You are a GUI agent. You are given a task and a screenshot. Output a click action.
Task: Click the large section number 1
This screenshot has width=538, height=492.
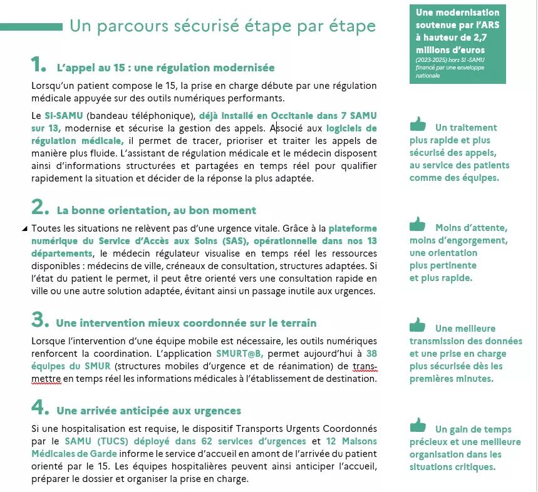click(38, 64)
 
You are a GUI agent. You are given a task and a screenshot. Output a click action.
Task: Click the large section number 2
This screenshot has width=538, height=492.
click(39, 207)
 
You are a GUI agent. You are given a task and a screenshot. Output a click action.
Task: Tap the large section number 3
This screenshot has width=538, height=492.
click(39, 320)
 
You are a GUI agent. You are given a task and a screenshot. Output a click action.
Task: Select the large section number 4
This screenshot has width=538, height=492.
click(39, 407)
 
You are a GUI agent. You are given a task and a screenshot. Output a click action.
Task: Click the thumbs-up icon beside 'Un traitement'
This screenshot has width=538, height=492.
click(418, 124)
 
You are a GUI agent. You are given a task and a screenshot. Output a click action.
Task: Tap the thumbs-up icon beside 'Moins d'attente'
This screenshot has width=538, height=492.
click(418, 224)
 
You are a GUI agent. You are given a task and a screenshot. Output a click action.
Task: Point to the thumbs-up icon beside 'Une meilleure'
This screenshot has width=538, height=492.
click(418, 325)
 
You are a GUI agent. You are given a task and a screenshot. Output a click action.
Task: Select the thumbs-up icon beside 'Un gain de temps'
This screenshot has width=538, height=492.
click(418, 426)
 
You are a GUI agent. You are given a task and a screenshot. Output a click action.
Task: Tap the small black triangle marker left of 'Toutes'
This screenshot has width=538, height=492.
click(24, 228)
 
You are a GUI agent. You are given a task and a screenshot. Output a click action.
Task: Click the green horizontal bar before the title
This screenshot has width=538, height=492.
click(31, 27)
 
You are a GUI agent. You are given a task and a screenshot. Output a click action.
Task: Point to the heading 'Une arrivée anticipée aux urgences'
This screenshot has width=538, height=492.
click(148, 411)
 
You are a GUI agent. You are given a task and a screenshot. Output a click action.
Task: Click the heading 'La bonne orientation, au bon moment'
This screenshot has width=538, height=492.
click(157, 211)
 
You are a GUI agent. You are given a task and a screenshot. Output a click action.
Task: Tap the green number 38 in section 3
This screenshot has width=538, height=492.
click(371, 354)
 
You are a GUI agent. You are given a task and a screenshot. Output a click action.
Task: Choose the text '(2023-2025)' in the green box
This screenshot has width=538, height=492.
click(431, 60)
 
